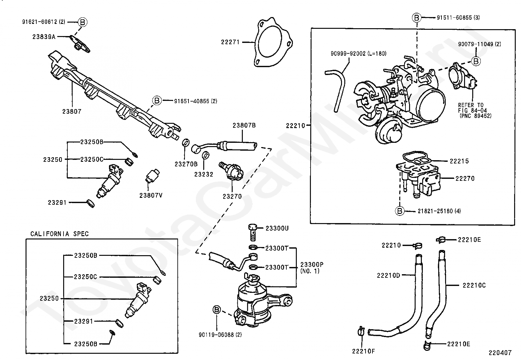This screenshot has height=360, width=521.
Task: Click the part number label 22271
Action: pos(230,42)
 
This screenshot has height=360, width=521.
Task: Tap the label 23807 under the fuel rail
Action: pos(72,111)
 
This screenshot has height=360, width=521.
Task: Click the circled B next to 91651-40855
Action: pos(157,101)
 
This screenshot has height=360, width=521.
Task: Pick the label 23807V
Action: pos(151,196)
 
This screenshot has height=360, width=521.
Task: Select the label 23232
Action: pos(204,174)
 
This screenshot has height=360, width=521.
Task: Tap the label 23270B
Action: pos(186,164)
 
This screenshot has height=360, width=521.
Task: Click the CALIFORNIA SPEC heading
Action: pos(60,234)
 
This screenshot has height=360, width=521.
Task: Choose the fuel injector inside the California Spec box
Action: pos(138,300)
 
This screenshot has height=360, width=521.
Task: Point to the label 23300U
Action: pos(277,228)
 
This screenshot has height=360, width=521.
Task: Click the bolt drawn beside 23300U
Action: pos(252,231)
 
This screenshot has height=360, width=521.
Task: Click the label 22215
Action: pos(459,161)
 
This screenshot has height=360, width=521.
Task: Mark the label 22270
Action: pos(465,179)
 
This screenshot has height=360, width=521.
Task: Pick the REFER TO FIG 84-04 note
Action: pos(475,110)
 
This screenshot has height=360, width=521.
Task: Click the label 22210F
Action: pos(363,351)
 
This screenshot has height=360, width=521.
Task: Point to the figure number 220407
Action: pos(500,353)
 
